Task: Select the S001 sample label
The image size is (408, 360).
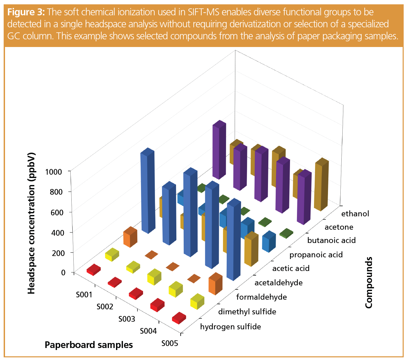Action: pyautogui.click(x=84, y=295)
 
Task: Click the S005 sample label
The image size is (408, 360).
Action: pyautogui.click(x=170, y=343)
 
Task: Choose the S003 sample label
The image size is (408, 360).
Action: pyautogui.click(x=127, y=319)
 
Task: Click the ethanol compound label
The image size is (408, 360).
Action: pyautogui.click(x=355, y=214)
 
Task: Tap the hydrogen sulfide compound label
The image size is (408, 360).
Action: pyautogui.click(x=230, y=327)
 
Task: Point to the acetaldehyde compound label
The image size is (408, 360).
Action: pyautogui.click(x=278, y=283)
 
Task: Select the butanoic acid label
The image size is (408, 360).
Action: pyautogui.click(x=331, y=240)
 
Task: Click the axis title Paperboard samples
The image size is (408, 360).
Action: pyautogui.click(x=89, y=345)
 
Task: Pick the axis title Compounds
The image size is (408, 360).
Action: pyautogui.click(x=369, y=283)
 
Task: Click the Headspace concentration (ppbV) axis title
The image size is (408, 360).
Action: pyautogui.click(x=31, y=223)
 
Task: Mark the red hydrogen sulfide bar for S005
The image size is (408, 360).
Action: pyautogui.click(x=179, y=318)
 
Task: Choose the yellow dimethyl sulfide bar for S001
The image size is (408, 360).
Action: pyautogui.click(x=112, y=255)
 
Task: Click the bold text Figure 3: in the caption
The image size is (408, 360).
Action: pyautogui.click(x=26, y=12)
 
